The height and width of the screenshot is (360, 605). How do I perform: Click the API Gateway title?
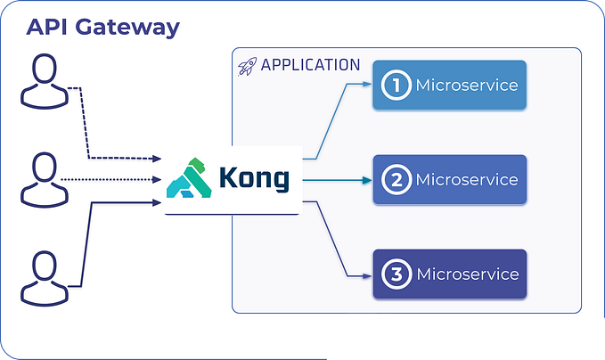102,27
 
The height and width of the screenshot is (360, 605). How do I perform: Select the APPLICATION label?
310,66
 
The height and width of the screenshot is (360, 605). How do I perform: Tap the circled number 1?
394,86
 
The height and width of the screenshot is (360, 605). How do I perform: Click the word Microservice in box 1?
467,86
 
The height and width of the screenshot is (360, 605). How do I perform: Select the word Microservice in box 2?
467,180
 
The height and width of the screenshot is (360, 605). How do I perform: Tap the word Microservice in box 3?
467,274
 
